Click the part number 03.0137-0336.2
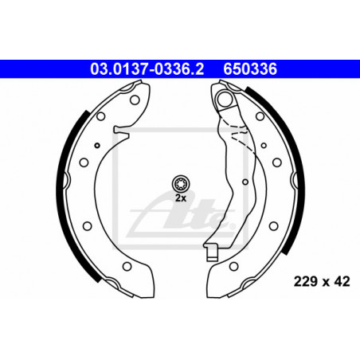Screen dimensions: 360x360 147,69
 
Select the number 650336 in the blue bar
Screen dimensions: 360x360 250,69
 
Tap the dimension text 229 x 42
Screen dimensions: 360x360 322,281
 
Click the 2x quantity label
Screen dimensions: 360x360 181,198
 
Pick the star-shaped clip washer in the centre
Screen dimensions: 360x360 181,184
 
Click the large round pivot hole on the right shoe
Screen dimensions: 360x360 225,99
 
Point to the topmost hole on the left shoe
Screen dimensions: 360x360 135,100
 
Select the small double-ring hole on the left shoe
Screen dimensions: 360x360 97,145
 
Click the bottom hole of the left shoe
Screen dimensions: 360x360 127,266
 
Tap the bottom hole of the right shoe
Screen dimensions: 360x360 233,266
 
